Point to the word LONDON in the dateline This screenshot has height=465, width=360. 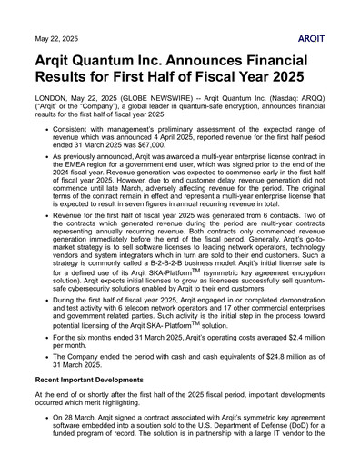53,120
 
